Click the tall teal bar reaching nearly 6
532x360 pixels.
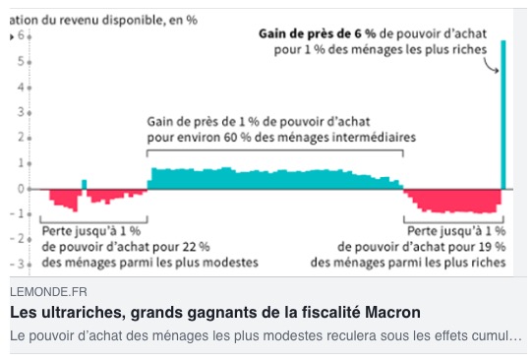[x=503, y=115]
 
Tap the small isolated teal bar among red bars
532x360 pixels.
[x=85, y=184]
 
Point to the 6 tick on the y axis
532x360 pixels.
[x=30, y=36]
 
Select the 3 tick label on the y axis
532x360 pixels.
[x=21, y=112]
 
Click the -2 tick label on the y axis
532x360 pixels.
[x=18, y=239]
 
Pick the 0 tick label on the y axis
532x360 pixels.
[x=21, y=189]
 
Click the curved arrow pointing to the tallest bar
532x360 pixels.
[x=491, y=65]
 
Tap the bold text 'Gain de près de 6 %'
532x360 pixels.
[x=318, y=33]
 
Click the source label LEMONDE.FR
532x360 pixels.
[x=48, y=292]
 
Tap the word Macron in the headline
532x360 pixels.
[x=392, y=312]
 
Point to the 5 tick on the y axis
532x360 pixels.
[x=30, y=62]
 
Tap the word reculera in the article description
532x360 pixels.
[x=351, y=336]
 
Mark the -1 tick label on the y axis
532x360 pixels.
[x=18, y=213]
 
